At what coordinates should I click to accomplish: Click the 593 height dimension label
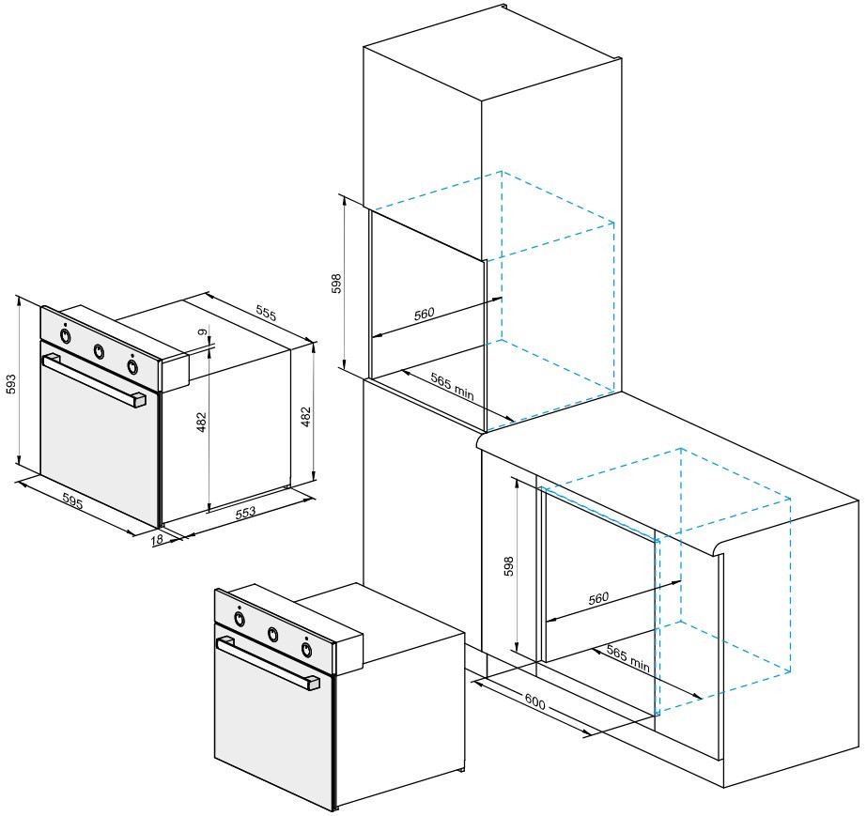point(11,384)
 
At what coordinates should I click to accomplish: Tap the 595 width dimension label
point(72,501)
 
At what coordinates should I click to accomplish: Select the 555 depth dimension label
point(266,313)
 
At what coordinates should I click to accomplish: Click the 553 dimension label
point(245,512)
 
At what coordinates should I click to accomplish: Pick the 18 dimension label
point(157,538)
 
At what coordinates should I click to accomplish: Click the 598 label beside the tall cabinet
point(336,283)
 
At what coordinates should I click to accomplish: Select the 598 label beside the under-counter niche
point(509,566)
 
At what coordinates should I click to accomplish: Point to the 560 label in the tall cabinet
point(424,314)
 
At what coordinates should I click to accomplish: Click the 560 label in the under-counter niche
point(598,598)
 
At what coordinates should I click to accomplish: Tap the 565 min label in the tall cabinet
point(453,385)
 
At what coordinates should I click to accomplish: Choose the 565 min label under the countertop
point(628,658)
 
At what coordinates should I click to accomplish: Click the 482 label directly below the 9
point(202,422)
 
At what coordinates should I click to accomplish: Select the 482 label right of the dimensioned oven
point(306,417)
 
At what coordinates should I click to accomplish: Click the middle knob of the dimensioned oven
point(99,350)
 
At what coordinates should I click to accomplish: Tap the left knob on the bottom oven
point(240,619)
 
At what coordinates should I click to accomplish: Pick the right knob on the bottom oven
point(306,650)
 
